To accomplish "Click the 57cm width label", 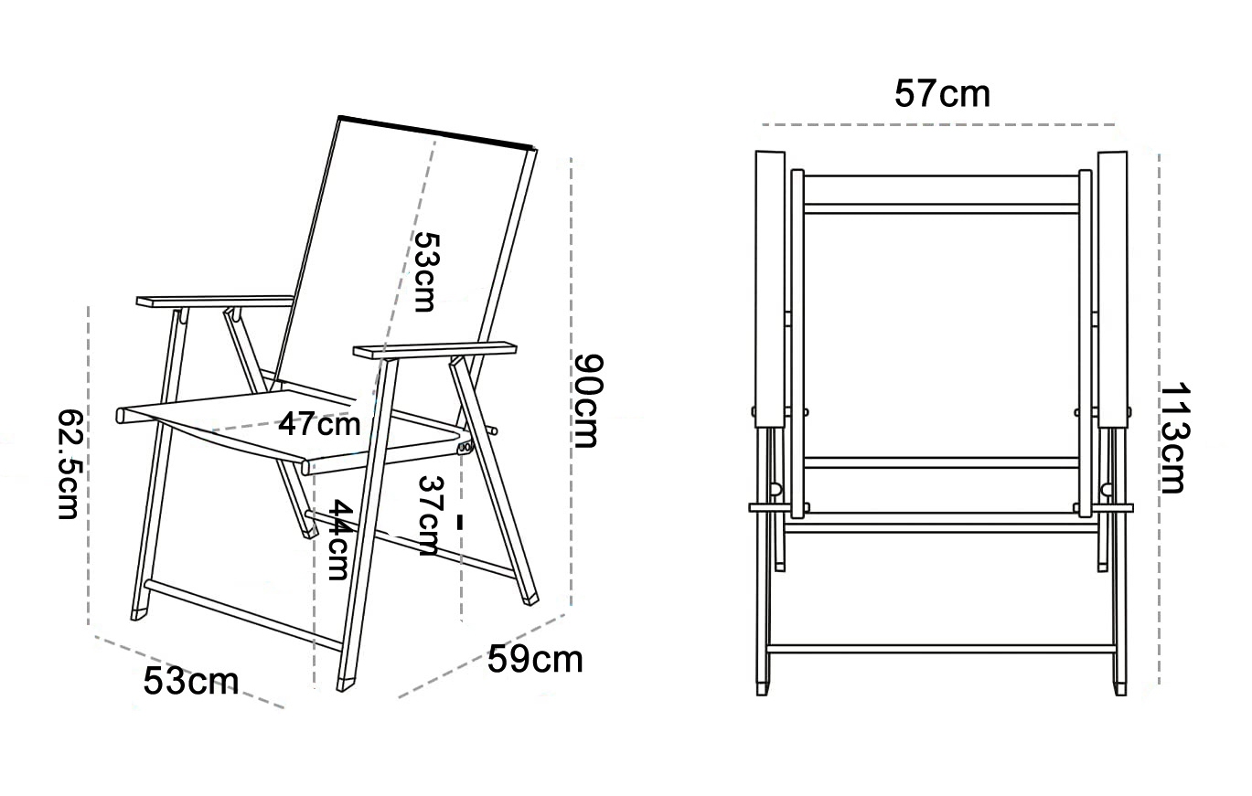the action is click(942, 94).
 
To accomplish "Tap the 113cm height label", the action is click(1175, 438).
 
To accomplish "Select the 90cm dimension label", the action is click(588, 400).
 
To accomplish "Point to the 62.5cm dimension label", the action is click(71, 464).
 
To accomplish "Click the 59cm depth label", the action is click(535, 660).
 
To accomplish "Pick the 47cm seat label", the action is click(319, 424).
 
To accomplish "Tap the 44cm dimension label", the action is click(339, 540).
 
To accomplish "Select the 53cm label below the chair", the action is click(191, 681).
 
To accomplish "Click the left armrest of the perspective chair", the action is click(215, 302).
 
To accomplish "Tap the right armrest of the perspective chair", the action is click(434, 350).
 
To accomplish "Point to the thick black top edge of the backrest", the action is click(436, 133).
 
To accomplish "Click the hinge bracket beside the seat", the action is click(465, 446).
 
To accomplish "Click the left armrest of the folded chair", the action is click(770, 290).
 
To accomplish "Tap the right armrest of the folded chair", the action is click(1112, 290).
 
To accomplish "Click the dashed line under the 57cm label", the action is click(938, 124).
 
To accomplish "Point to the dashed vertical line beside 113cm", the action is click(1159, 419).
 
